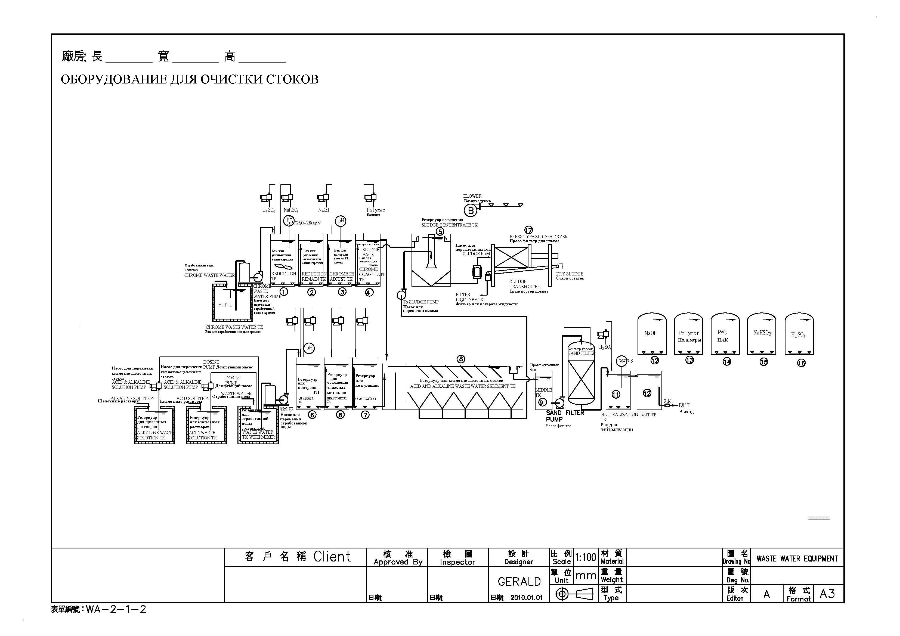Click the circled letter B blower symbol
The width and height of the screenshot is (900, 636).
point(470,211)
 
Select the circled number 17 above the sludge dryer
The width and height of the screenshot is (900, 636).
point(528,230)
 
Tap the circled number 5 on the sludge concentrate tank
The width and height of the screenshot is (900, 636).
point(440,232)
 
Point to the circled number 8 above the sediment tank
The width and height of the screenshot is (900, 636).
point(461,359)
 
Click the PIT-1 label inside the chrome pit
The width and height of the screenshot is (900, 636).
point(225,305)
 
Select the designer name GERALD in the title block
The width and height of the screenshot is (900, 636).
point(519,582)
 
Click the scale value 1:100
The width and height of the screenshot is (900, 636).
point(586,557)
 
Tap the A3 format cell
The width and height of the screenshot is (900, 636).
point(827,594)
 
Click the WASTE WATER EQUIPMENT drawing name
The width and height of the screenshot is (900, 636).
point(797,559)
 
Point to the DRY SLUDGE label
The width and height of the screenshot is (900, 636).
point(569,274)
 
